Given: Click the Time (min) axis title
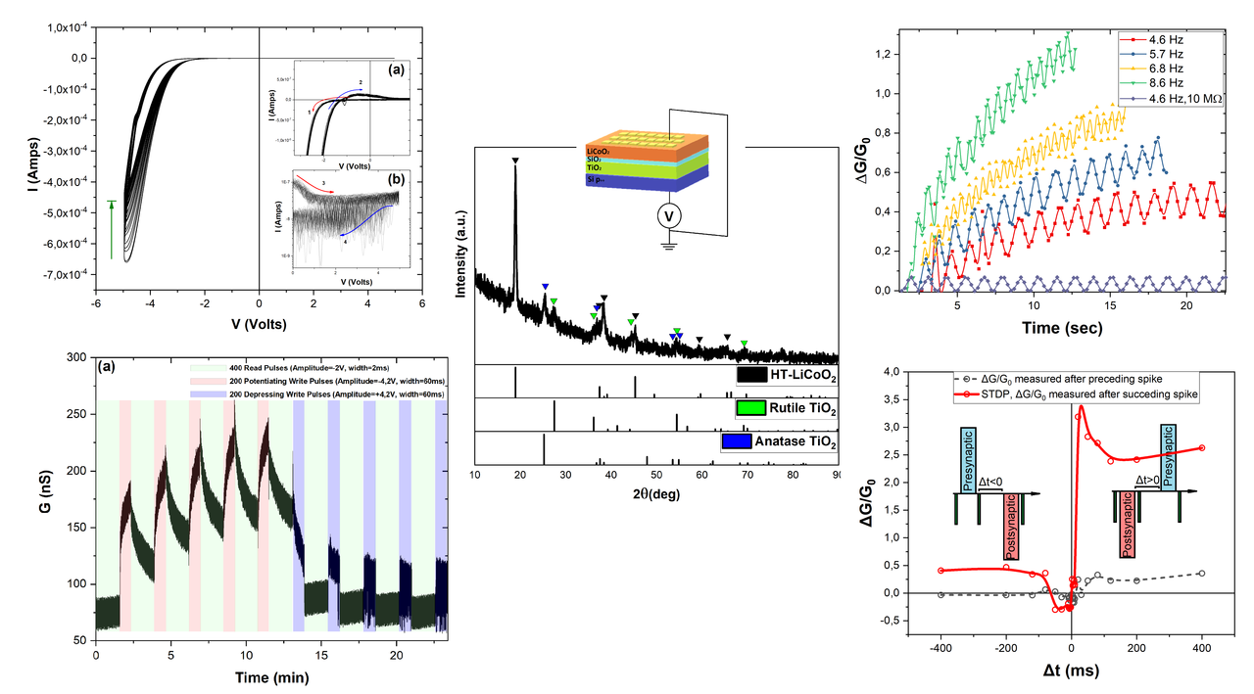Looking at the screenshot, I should pyautogui.click(x=270, y=676).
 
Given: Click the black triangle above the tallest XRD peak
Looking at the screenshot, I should pyautogui.click(x=515, y=160).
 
